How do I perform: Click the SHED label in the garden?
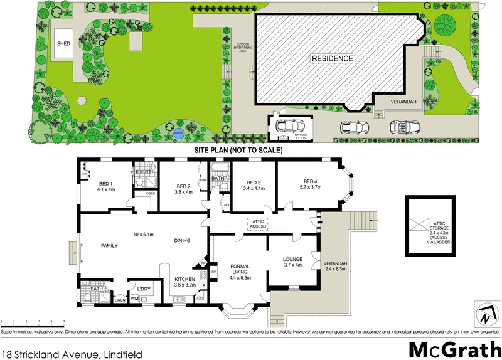point(63,44)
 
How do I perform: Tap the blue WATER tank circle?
point(178,133)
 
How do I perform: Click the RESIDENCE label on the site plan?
point(333,58)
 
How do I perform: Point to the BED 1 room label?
point(105,184)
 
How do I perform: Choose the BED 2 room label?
point(184,186)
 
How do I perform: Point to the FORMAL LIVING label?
point(240,269)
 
